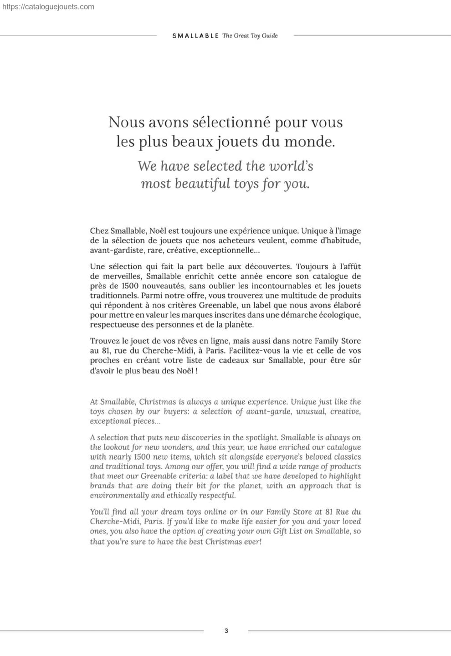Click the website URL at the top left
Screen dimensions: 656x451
coord(48,7)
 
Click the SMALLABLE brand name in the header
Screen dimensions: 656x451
coord(195,36)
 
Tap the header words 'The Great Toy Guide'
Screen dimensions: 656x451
coord(250,36)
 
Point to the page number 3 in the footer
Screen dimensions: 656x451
coord(226,631)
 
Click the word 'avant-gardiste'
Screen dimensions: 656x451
coord(116,251)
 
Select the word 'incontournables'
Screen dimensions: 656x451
coord(281,286)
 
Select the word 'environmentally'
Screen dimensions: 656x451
coord(119,496)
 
